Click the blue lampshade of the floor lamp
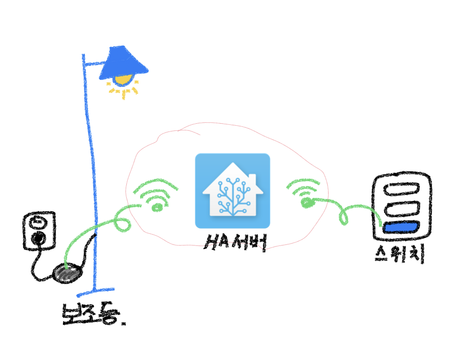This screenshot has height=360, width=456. pos(124,62)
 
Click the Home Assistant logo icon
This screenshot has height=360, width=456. pos(233,191)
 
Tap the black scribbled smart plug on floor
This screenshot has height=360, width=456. pos(66,274)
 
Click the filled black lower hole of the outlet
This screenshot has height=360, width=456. pos(38,238)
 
